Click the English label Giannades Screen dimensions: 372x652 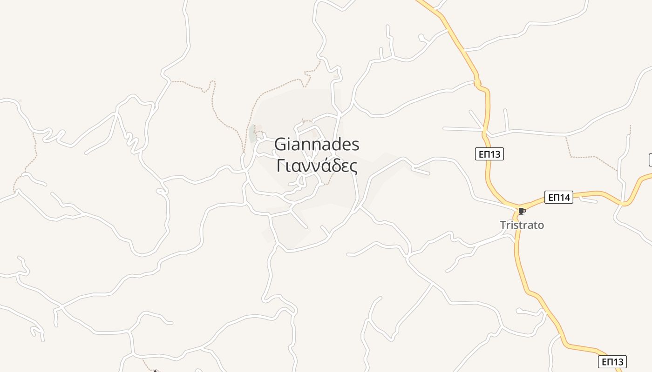[317, 145]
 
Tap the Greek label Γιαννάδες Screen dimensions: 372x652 [317, 166]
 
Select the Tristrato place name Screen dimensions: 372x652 [522, 225]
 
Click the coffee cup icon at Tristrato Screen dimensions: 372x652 [522, 212]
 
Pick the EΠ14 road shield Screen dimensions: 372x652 [558, 198]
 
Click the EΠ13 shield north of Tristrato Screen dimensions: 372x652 [489, 154]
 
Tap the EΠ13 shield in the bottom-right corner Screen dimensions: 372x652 [612, 362]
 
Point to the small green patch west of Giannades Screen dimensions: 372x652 [252, 133]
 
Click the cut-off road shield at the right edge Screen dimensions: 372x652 [650, 160]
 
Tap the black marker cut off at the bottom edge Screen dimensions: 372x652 [155, 371]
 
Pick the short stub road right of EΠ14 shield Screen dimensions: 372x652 [588, 200]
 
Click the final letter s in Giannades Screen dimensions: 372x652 [355, 146]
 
